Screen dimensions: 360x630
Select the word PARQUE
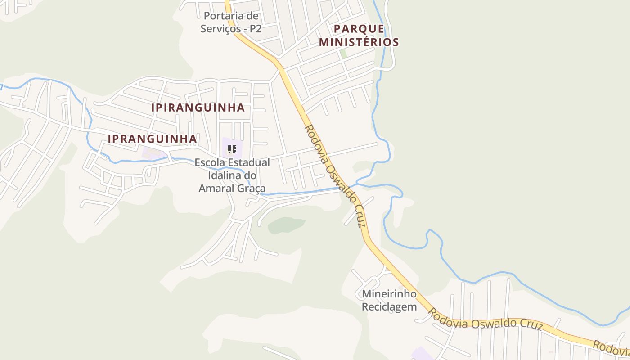tap(359, 29)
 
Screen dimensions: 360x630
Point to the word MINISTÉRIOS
tap(359, 43)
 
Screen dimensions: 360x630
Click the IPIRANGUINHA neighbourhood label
tap(198, 108)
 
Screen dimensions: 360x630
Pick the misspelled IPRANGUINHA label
tap(152, 139)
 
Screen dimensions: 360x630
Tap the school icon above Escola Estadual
tap(232, 149)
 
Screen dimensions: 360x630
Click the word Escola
tap(211, 162)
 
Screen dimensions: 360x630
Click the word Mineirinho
tap(389, 295)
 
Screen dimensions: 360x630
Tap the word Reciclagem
tap(389, 307)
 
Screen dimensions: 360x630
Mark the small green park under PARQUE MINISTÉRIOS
tap(343, 54)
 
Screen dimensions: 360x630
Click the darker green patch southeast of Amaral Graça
tap(286, 225)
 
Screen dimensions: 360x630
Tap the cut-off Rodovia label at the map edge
tap(611, 347)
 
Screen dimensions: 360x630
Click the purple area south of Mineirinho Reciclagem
tap(422, 354)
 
